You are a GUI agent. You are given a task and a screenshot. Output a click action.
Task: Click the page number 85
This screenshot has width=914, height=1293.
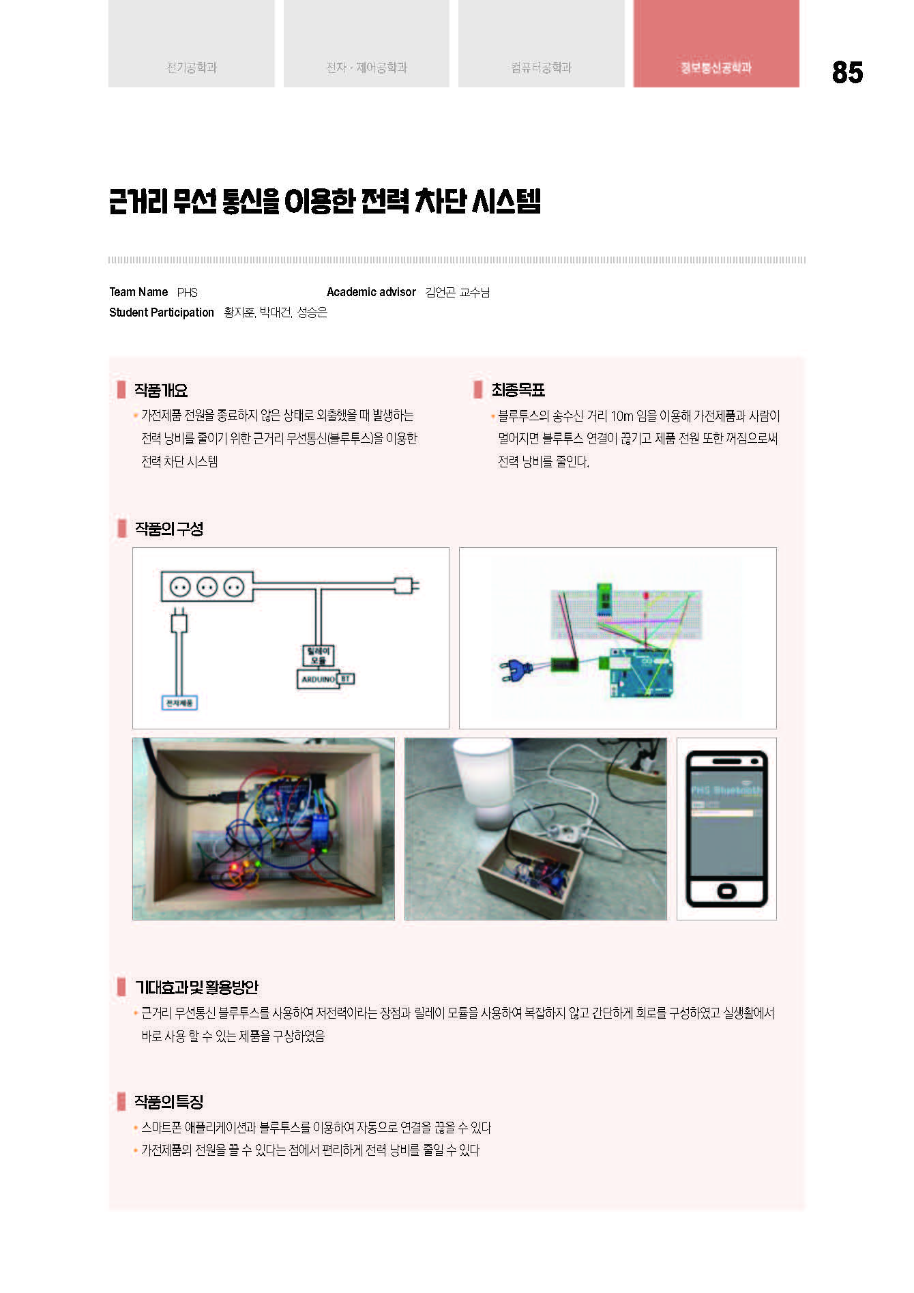(x=847, y=72)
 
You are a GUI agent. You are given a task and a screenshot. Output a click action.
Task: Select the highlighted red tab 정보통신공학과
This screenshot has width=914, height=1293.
(x=716, y=67)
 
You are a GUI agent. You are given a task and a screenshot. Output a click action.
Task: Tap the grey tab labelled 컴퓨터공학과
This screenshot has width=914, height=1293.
(x=541, y=67)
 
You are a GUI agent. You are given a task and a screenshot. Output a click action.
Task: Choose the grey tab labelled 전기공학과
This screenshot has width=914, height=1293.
(x=192, y=67)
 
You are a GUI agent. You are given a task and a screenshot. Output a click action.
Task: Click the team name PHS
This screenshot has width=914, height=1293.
(x=188, y=293)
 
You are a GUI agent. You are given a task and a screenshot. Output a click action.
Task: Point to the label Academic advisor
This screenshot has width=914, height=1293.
(x=371, y=292)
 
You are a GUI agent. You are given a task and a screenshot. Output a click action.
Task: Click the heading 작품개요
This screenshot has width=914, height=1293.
(x=161, y=390)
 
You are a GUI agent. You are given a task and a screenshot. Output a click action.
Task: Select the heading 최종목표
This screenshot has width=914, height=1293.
(x=518, y=390)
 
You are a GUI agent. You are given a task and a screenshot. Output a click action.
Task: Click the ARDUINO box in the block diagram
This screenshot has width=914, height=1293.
(x=318, y=679)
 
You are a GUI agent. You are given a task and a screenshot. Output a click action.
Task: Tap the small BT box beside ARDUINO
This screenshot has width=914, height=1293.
(x=345, y=679)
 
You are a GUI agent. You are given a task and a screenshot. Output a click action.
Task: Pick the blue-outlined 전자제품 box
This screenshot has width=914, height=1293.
(x=179, y=703)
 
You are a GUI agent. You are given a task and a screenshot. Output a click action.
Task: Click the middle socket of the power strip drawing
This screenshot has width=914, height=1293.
(x=207, y=586)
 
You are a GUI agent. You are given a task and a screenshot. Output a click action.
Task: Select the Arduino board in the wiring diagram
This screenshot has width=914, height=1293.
(x=640, y=673)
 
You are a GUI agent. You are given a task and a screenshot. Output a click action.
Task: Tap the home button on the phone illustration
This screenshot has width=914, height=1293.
(x=726, y=891)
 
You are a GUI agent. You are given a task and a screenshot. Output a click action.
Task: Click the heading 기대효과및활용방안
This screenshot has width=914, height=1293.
(x=196, y=987)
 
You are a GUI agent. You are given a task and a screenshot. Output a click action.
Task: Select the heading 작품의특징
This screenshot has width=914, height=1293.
(x=169, y=1101)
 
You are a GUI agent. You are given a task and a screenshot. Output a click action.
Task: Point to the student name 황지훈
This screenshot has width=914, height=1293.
(x=239, y=313)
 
